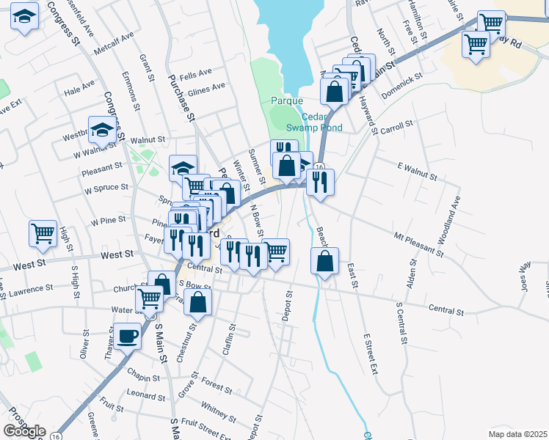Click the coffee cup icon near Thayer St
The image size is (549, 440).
[x=128, y=336]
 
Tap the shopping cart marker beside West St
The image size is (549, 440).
[x=43, y=234]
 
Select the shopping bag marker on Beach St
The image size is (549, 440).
[x=324, y=261]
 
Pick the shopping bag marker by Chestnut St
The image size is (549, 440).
[x=197, y=301]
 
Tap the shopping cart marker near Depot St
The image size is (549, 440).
[x=276, y=252]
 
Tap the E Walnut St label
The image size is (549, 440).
[x=416, y=177]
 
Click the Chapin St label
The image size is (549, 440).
[x=143, y=378]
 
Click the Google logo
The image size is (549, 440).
[x=24, y=431]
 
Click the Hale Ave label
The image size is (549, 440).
[x=79, y=87]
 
